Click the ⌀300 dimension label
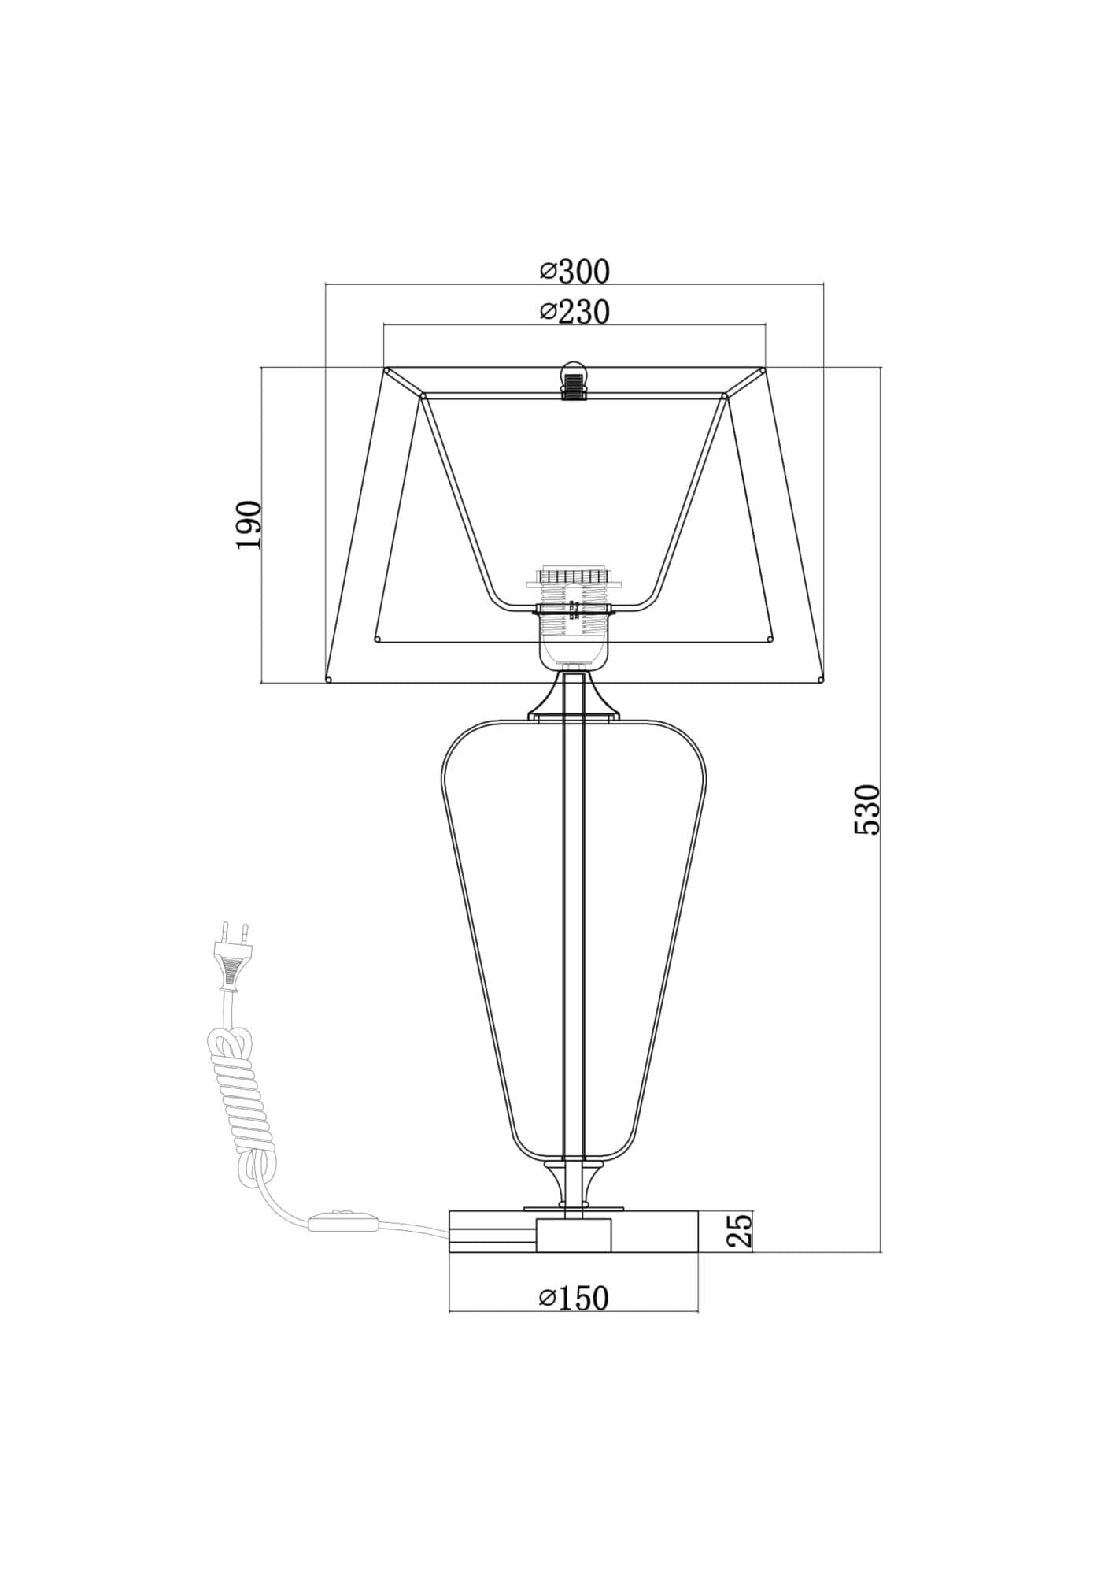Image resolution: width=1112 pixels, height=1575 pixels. (574, 271)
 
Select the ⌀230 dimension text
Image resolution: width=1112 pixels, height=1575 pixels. (574, 312)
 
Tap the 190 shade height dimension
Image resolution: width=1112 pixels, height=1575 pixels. (249, 524)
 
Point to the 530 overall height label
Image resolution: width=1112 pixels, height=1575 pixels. (866, 809)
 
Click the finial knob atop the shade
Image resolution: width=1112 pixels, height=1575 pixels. (574, 381)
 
